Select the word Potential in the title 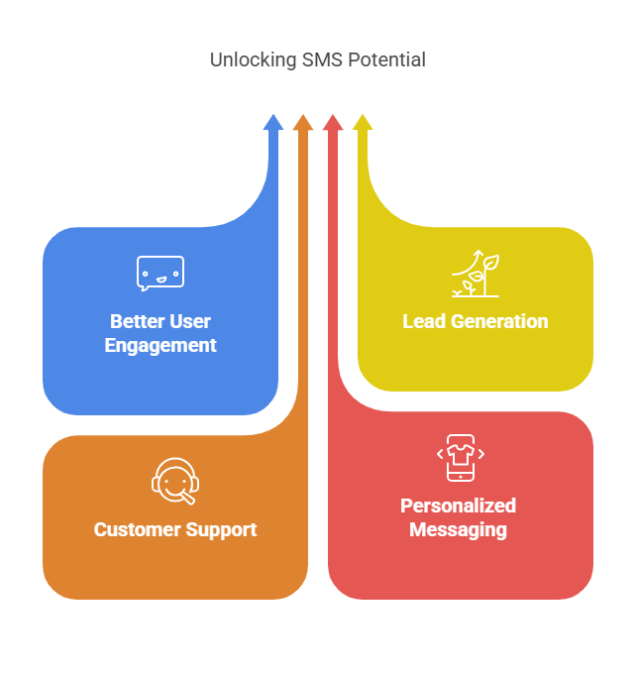[x=385, y=60]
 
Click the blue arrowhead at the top [x=272, y=122]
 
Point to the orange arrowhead [x=303, y=122]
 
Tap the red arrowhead [x=333, y=122]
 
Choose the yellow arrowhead [x=363, y=122]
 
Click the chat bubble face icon [x=160, y=274]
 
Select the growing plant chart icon [x=476, y=275]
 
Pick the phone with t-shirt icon [x=461, y=458]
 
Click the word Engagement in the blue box [x=160, y=346]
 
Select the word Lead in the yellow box [x=423, y=322]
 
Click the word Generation [x=497, y=322]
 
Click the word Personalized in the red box [x=458, y=507]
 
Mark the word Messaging [x=458, y=530]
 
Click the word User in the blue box [x=191, y=322]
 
